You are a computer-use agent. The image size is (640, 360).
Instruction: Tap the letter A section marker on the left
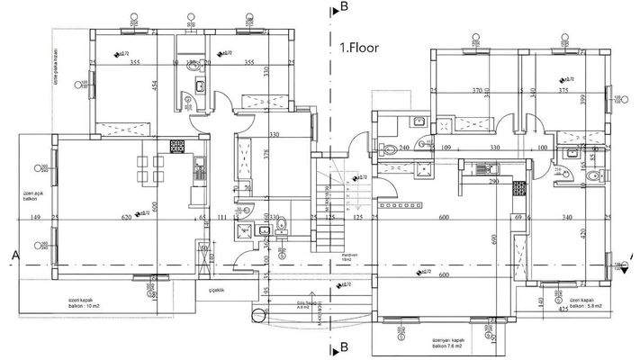[15, 255]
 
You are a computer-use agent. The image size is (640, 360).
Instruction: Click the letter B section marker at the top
[344, 7]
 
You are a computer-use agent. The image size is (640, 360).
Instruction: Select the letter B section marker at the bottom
[344, 346]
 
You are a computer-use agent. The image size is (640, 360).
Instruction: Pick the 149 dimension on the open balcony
[35, 218]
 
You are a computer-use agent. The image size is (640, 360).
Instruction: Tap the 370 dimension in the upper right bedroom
[479, 91]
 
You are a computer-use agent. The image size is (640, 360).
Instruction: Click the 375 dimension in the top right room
[563, 91]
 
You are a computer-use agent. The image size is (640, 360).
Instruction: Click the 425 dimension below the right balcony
[563, 309]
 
